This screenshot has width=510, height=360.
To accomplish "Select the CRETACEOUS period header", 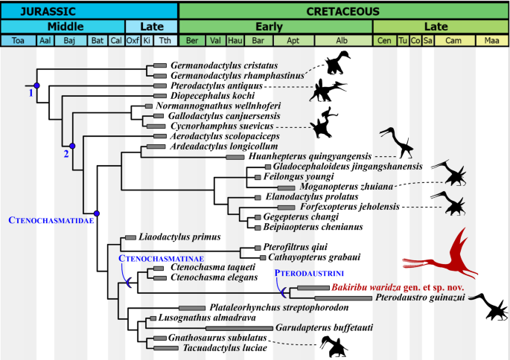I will (343, 10).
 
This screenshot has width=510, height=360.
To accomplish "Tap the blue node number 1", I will (31, 94).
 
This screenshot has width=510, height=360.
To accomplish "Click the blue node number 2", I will (66, 154).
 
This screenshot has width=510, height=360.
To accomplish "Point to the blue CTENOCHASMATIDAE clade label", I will (49, 219).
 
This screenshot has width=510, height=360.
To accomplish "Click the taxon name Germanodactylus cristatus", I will (219, 65).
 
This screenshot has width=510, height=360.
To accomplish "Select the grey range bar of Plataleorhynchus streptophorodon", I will (191, 307).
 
